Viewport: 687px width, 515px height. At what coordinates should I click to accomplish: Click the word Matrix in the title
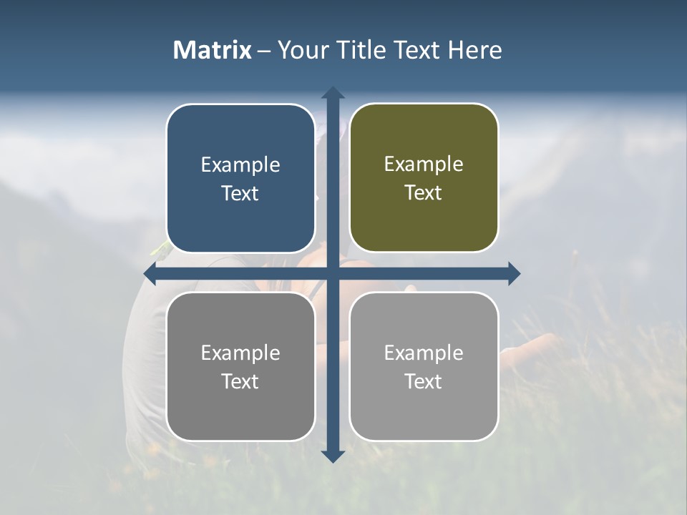point(213,50)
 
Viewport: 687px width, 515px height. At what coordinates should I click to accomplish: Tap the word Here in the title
point(474,50)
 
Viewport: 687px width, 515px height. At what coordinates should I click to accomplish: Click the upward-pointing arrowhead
point(333,93)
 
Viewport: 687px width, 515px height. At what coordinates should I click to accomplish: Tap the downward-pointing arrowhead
point(333,456)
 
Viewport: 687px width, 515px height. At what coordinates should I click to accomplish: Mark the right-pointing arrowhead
point(514,273)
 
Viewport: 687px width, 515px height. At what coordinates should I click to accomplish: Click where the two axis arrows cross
point(333,273)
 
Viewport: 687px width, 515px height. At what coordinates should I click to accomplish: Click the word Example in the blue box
point(240,165)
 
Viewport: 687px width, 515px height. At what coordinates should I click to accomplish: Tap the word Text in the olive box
point(424,193)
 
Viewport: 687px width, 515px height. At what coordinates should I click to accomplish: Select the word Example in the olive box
point(424,165)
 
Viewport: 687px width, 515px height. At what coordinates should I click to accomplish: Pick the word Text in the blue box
point(240,194)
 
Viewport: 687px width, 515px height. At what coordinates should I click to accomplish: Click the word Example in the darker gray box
point(240,353)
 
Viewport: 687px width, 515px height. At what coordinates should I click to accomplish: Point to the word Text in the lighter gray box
point(424,382)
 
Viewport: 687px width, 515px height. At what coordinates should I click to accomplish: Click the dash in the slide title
point(264,51)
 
